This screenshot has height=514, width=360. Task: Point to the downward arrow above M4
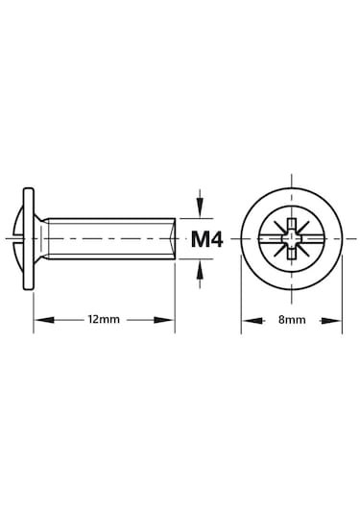(200, 203)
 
